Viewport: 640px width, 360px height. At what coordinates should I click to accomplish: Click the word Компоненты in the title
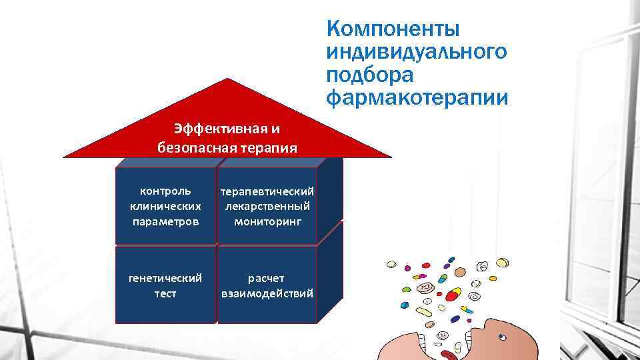(x=393, y=30)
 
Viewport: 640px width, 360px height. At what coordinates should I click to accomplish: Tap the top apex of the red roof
(x=228, y=79)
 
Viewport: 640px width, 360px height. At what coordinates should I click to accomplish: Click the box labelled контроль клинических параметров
(x=165, y=205)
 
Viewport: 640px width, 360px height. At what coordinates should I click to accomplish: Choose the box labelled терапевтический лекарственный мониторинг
(x=267, y=205)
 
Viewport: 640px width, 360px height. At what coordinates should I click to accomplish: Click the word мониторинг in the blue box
(x=267, y=220)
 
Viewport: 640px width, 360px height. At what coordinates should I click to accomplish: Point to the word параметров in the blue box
(x=165, y=220)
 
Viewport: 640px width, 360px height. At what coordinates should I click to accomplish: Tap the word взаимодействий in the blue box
(x=267, y=293)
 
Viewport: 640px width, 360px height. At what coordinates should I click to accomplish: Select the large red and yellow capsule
(x=453, y=295)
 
